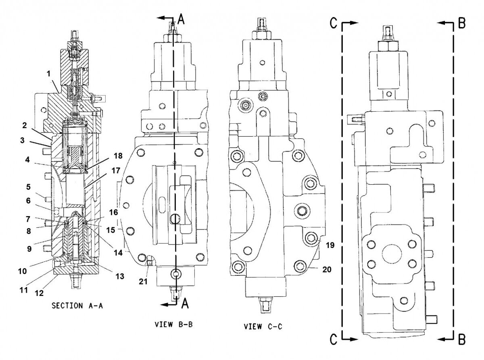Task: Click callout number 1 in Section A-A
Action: pos(48,75)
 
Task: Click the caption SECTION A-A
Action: pos(78,306)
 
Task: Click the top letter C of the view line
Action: pos(333,24)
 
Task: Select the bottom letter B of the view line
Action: pos(461,340)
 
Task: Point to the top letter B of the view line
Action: pos(461,24)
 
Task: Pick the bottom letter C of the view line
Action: pos(333,340)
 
